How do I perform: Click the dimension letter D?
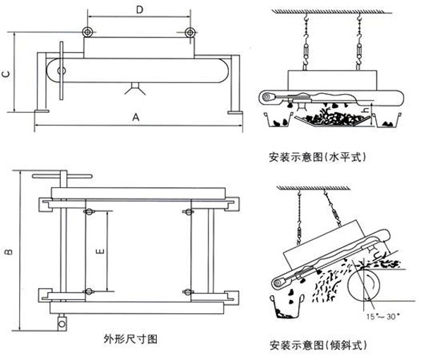[x=139, y=10]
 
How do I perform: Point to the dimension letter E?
[x=100, y=250]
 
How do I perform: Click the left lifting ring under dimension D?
[x=87, y=32]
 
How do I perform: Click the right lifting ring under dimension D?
[x=190, y=32]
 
